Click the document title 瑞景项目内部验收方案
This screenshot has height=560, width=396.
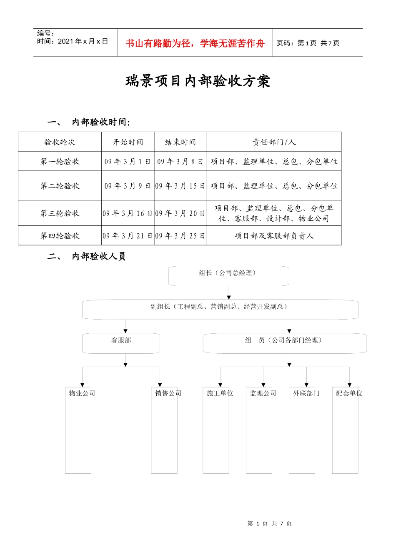pos(198,81)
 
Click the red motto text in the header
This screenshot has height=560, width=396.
pos(195,43)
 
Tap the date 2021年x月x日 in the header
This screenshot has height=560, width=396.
pos(83,41)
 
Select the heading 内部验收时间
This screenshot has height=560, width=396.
pos(100,122)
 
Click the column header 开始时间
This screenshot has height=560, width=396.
pos(128,142)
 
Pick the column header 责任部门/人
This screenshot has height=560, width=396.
pos(274,142)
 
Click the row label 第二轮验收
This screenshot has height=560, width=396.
pos(60,186)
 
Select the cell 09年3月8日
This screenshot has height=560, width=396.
pos(180,162)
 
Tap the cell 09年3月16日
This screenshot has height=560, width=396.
pos(128,213)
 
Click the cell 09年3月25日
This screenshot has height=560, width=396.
pos(180,236)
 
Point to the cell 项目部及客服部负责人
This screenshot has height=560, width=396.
pos(274,236)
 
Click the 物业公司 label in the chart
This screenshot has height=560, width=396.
pos(82,393)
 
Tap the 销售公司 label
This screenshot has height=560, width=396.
pos(168,393)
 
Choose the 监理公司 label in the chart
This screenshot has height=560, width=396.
pos(263,393)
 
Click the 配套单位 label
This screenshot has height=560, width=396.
pos(349,393)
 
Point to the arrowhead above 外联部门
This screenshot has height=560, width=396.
pos(306,385)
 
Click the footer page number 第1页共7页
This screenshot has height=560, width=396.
pos(269,523)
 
